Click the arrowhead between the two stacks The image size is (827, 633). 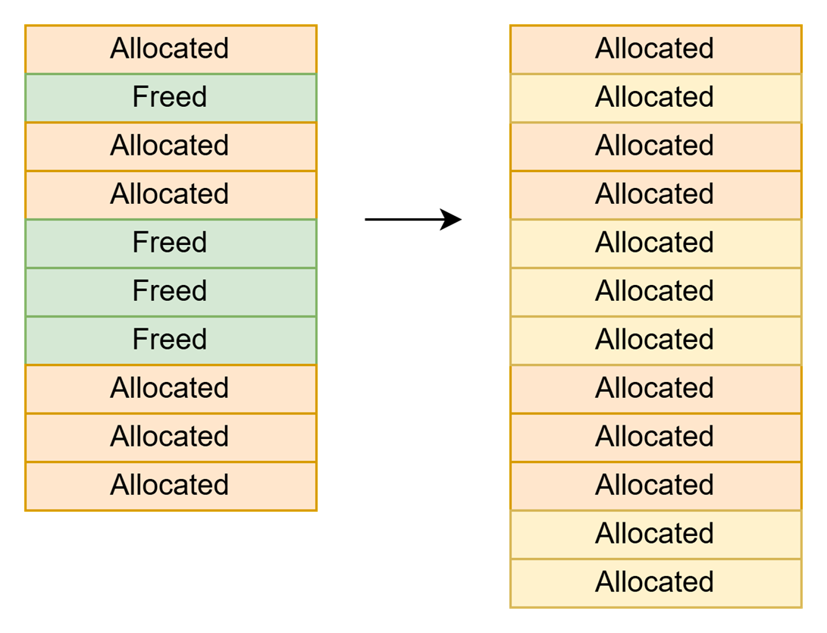[x=452, y=219]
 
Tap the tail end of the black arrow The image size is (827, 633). [x=365, y=219]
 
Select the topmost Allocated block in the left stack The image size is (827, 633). [x=171, y=49]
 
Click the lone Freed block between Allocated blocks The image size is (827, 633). [x=171, y=98]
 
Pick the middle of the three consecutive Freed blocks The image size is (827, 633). [x=171, y=292]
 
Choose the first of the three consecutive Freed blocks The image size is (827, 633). [x=171, y=243]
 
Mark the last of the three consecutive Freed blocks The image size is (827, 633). [x=171, y=340]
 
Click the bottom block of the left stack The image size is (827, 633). [x=171, y=486]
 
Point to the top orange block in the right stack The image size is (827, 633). [x=656, y=49]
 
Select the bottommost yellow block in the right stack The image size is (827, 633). [x=656, y=583]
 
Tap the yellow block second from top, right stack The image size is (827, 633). [x=656, y=98]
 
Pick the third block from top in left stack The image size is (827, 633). [x=171, y=146]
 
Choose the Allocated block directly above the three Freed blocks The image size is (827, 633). [x=171, y=195]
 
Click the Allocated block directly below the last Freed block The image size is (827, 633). [x=171, y=389]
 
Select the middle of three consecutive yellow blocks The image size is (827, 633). [x=656, y=292]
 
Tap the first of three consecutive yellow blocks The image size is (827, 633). [x=656, y=243]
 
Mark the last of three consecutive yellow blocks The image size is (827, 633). [x=656, y=340]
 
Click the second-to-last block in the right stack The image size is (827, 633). [x=656, y=534]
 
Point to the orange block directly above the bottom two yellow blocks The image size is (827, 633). [x=656, y=486]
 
